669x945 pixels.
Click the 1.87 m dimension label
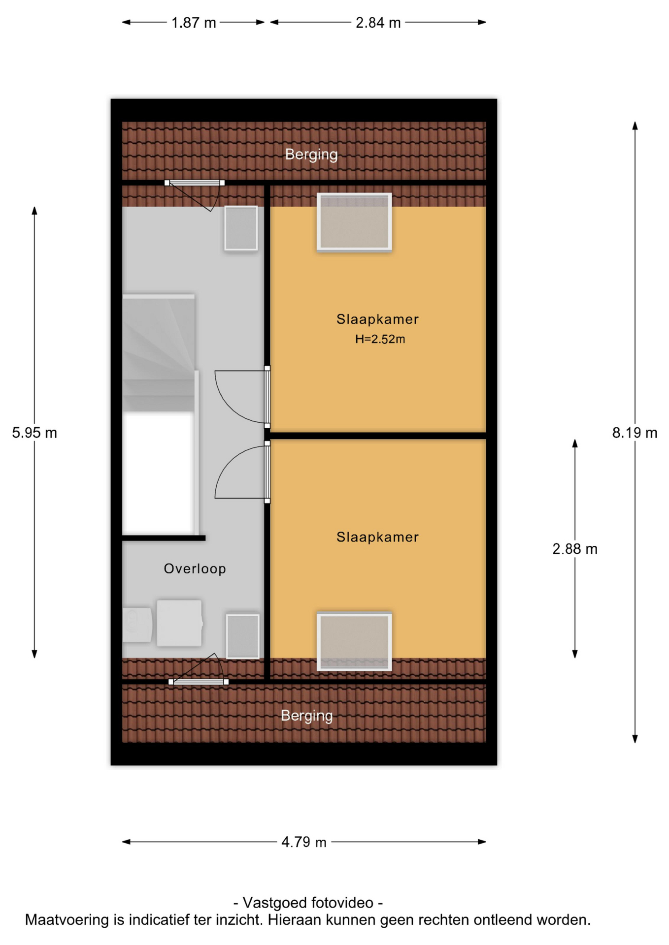point(194,23)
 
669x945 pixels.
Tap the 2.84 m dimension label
point(378,23)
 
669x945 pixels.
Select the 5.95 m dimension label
point(34,433)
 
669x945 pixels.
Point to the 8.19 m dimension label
point(635,433)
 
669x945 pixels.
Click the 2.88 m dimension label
point(574,549)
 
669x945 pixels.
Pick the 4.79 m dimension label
point(304,842)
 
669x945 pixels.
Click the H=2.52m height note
point(380,339)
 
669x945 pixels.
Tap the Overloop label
point(195,568)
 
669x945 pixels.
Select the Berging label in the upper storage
point(311,155)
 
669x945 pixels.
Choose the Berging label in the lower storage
point(307,716)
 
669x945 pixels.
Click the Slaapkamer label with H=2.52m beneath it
point(377,319)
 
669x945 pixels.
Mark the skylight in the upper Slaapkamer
point(354,222)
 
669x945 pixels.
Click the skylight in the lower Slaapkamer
point(354,641)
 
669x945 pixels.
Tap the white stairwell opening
point(158,473)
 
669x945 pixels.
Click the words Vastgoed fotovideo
point(308,903)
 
